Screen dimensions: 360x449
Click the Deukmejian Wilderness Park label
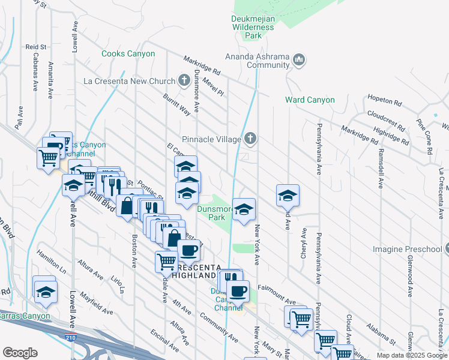click(x=254, y=27)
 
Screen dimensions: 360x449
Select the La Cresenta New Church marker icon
click(x=185, y=81)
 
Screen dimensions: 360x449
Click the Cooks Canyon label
click(x=128, y=53)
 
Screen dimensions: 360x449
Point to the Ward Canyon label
click(x=309, y=100)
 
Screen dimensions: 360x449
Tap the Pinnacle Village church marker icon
click(x=251, y=139)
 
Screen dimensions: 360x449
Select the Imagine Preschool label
click(x=411, y=248)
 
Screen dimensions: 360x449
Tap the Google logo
click(x=20, y=352)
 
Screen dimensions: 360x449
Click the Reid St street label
click(x=35, y=46)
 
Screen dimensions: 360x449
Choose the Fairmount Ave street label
click(x=277, y=287)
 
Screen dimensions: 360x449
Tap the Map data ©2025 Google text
click(x=411, y=355)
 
